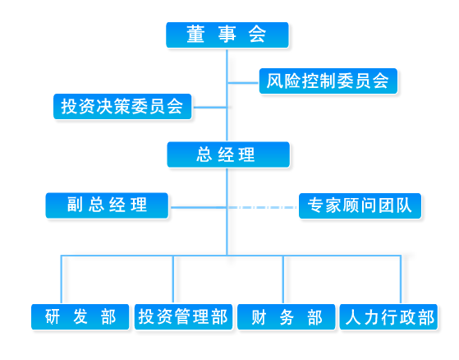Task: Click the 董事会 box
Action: click(227, 35)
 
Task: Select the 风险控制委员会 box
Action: click(328, 81)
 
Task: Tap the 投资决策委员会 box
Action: click(122, 106)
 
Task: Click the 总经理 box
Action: click(228, 155)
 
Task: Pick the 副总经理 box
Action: click(107, 205)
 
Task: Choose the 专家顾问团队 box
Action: click(360, 205)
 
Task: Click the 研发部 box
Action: click(80, 317)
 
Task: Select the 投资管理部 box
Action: click(183, 317)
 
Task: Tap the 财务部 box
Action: click(287, 317)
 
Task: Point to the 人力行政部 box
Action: click(388, 317)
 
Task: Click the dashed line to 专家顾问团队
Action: click(263, 207)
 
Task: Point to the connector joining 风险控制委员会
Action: click(243, 83)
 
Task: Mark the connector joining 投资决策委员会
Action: click(210, 107)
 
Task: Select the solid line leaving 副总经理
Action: click(199, 207)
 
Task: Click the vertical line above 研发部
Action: click(62, 279)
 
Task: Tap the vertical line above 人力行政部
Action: click(401, 279)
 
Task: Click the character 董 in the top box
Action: click(195, 35)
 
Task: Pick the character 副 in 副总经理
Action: click(75, 204)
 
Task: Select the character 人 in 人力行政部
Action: click(354, 317)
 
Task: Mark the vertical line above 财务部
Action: click(283, 279)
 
